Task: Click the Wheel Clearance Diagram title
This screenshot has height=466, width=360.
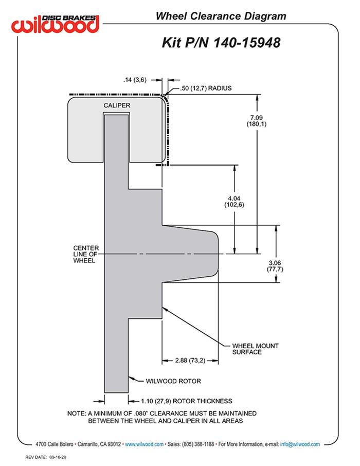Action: (221, 16)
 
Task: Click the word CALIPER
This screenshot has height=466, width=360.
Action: (116, 105)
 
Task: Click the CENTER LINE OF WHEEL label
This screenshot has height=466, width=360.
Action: (86, 254)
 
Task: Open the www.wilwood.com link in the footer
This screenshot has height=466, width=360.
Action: (144, 444)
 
